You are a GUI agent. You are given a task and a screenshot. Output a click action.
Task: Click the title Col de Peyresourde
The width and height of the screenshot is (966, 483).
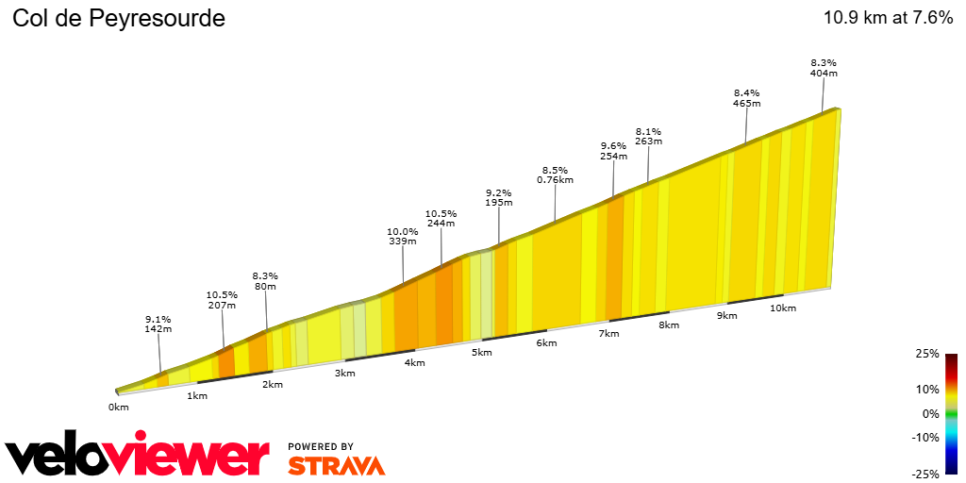[x=119, y=18]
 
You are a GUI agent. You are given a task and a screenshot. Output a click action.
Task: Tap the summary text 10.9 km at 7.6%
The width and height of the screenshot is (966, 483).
[x=888, y=18]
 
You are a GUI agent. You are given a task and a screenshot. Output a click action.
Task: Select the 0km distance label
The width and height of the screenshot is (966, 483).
[x=118, y=408]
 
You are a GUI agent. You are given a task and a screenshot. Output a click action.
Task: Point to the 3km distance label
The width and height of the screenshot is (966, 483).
[x=344, y=374]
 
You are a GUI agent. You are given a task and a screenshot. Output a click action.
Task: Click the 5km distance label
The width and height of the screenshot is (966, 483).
[x=482, y=353]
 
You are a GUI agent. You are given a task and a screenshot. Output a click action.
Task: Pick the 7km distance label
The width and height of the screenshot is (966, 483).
[x=608, y=334]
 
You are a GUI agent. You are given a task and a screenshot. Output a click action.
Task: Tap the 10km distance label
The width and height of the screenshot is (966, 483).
[x=783, y=308]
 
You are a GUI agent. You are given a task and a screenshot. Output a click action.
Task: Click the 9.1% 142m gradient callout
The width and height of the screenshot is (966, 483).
[x=158, y=324]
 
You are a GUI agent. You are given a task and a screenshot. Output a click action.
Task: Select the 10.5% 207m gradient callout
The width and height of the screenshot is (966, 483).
[x=222, y=300]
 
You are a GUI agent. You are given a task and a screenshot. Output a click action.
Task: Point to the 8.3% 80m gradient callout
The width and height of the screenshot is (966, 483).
[x=265, y=281]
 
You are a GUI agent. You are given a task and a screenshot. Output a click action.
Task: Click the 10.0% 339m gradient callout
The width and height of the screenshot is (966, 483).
[x=403, y=236]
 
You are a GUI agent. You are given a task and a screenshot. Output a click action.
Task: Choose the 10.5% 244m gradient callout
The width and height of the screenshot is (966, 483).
[x=441, y=218]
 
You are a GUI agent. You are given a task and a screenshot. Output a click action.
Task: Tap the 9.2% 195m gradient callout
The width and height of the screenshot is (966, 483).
[x=498, y=197]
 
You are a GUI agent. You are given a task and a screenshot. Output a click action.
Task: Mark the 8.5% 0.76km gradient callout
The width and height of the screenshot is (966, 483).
[x=555, y=175]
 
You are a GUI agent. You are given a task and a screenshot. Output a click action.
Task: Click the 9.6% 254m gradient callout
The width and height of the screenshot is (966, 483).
[x=613, y=151]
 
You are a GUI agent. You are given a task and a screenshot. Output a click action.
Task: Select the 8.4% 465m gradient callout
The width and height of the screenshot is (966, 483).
[x=746, y=98]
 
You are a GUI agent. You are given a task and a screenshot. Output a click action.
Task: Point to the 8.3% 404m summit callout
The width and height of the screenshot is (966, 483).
[x=824, y=67]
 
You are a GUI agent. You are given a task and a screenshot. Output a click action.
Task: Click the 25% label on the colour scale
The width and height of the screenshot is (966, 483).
[x=928, y=354]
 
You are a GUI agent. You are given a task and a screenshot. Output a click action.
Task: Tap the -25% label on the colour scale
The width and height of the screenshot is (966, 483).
[x=926, y=474]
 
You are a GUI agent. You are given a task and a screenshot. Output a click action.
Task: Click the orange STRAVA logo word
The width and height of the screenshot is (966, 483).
[x=336, y=465]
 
